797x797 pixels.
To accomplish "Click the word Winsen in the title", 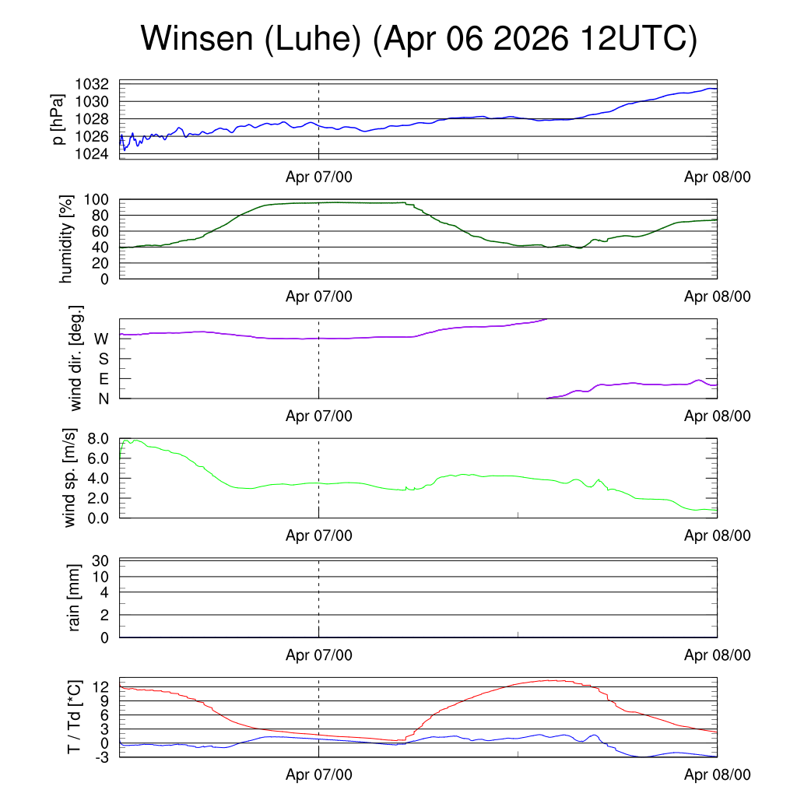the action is coord(197,38).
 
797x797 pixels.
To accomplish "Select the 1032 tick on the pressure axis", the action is coord(92,84).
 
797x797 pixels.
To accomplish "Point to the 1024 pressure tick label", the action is coord(92,153).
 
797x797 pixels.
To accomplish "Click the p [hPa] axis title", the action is coord(58,119).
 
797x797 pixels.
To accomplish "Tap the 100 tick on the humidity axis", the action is coord(96,199).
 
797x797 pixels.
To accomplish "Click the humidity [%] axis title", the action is coord(66,239).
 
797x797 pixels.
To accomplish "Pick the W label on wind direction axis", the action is coord(101,339).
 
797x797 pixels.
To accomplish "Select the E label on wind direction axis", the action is coord(104,379).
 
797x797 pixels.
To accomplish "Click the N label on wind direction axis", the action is coord(104,399).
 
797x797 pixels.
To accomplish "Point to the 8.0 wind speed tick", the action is coord(98,439).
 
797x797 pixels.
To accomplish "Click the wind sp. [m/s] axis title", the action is coord(69,478).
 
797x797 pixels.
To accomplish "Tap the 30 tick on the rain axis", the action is coord(100,560).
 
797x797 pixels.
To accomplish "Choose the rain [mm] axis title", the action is coord(74,598).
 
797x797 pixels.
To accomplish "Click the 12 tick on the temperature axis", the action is coord(100,687).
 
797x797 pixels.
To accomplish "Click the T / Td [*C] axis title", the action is coord(74,717).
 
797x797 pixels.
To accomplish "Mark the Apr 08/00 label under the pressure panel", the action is coord(717,177).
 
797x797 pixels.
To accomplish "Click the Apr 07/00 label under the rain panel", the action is coord(318,655).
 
